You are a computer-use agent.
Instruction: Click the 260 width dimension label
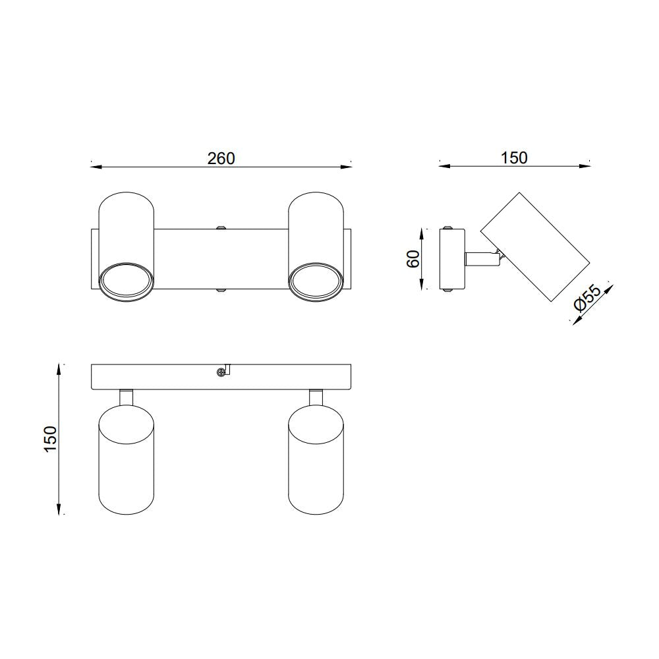pos(221,158)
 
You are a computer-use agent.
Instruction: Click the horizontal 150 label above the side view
pos(513,158)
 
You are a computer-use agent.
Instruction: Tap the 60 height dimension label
pos(413,258)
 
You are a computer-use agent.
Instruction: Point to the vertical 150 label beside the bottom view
pos(50,439)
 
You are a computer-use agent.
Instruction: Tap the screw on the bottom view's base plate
pos(220,372)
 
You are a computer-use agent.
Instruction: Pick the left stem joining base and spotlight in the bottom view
pos(126,397)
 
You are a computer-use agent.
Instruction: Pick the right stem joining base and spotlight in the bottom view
pos(316,397)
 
